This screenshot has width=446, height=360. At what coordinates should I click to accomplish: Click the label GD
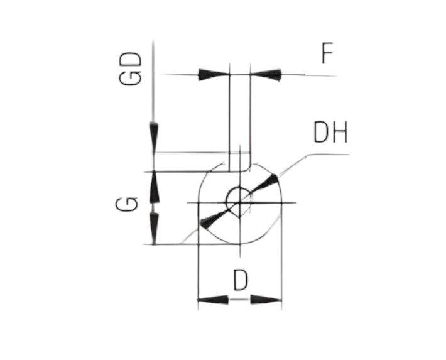[130, 68]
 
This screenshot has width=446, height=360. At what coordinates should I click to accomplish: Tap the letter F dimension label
[327, 53]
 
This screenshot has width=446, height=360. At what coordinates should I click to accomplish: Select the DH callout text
[330, 133]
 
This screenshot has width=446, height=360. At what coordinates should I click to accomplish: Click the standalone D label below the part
[241, 280]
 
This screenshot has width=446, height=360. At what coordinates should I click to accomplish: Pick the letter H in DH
[340, 133]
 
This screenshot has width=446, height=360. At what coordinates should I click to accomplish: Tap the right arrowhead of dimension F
[266, 75]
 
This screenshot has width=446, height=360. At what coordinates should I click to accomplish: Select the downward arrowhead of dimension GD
[154, 137]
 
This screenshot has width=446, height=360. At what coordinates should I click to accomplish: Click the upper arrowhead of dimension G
[155, 187]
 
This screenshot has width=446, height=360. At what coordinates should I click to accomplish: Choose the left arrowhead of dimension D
[213, 300]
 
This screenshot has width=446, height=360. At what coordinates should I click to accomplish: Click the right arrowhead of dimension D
[266, 300]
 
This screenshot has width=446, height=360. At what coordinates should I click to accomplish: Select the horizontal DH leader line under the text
[328, 155]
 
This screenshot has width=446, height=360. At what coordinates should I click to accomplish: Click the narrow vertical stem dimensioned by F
[240, 123]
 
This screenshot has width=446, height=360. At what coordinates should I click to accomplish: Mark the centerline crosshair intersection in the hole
[240, 203]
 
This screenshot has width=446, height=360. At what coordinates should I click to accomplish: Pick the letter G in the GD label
[130, 77]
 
